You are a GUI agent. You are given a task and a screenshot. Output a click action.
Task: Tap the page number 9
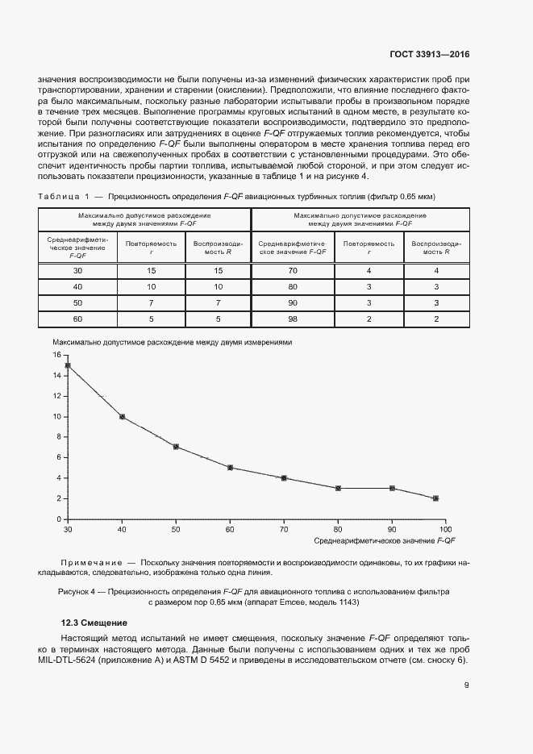(467, 685)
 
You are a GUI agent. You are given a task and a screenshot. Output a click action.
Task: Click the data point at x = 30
(68, 365)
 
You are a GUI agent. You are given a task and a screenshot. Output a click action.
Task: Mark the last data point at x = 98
(435, 498)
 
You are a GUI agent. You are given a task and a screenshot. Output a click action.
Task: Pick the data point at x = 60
(230, 468)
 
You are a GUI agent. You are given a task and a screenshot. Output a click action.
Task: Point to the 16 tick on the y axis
(57, 355)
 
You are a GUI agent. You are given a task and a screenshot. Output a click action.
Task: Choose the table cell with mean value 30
(78, 270)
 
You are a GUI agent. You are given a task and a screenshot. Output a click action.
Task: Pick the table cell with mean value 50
(78, 303)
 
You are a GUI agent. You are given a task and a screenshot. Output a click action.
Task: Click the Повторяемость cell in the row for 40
(151, 286)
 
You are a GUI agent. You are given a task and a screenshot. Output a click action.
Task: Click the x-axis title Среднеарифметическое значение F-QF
(385, 539)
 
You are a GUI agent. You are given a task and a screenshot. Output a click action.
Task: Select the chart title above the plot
(173, 342)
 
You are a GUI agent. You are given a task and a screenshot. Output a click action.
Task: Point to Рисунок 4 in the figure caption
(77, 592)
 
